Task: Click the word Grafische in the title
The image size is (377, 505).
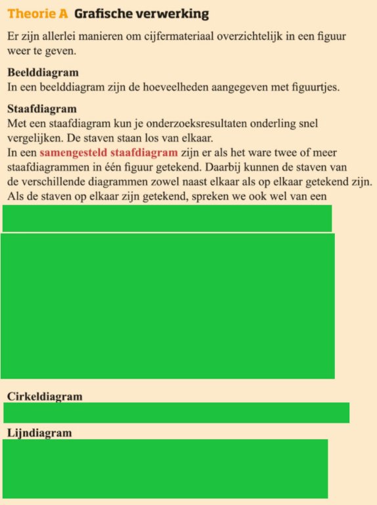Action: pyautogui.click(x=103, y=14)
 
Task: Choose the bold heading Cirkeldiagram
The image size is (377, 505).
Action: pyautogui.click(x=45, y=397)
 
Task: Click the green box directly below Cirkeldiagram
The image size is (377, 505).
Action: pyautogui.click(x=176, y=412)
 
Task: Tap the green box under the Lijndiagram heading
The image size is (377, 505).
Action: pyautogui.click(x=165, y=469)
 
